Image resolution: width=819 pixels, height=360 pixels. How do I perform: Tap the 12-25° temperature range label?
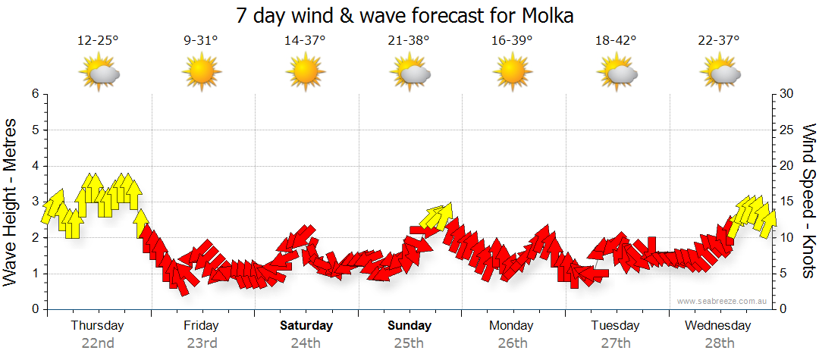[98, 41]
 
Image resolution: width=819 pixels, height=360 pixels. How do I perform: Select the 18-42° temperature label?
[615, 41]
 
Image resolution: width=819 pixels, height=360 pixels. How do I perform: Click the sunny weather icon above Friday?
[201, 74]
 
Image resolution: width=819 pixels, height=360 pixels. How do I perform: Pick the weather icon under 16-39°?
[512, 74]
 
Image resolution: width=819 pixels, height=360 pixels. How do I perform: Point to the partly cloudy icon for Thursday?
[98, 74]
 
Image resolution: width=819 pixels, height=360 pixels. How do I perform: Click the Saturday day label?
[306, 326]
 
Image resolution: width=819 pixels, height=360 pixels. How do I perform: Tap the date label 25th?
[409, 343]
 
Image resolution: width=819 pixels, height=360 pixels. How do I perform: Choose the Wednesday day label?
[717, 326]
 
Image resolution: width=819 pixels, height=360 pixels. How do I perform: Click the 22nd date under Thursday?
[98, 343]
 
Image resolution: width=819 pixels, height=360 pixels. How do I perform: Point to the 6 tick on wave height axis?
[34, 94]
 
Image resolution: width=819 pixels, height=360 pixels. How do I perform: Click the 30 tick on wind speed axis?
[786, 94]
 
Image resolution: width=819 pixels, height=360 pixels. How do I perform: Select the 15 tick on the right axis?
[786, 202]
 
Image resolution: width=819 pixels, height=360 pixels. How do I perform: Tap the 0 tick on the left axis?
[34, 309]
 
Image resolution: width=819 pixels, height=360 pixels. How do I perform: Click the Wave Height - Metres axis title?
[12, 202]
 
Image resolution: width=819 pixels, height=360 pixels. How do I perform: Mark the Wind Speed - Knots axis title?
[808, 202]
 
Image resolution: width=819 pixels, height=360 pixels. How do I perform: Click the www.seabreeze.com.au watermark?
[723, 302]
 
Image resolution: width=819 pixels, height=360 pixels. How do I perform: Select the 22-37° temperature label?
[718, 41]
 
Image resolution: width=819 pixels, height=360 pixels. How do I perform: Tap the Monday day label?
[511, 326]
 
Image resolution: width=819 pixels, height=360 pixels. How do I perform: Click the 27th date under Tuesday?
[615, 343]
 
